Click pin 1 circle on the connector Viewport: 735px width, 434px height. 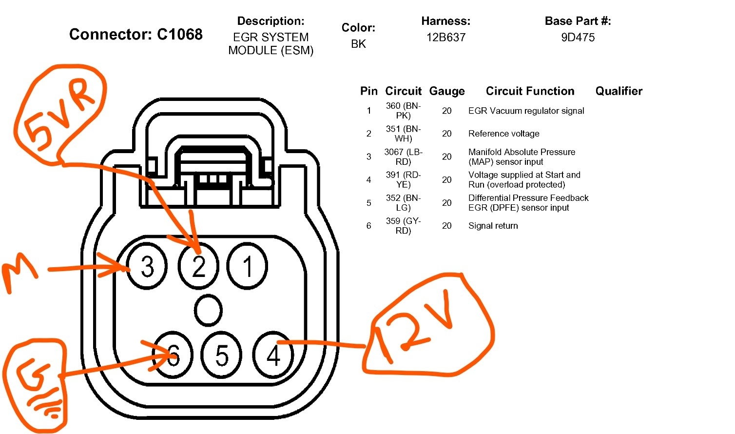[x=247, y=267]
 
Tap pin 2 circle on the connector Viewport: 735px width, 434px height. [x=198, y=267]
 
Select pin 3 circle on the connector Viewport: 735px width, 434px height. [x=147, y=267]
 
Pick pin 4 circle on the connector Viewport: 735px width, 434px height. [x=273, y=355]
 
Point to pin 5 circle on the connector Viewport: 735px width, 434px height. [x=222, y=355]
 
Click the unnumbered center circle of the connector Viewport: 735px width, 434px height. [x=208, y=310]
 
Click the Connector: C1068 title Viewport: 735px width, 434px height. [x=135, y=34]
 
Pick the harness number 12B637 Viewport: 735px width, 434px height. [x=445, y=38]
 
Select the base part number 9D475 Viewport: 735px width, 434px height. [x=578, y=38]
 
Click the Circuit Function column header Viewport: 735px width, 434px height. [x=530, y=91]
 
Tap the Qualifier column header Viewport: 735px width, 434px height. [x=619, y=91]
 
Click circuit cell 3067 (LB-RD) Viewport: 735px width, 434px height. [x=403, y=157]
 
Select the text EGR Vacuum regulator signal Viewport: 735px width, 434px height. [x=526, y=111]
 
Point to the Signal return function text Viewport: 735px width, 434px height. [x=493, y=226]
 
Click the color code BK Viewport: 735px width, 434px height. [x=358, y=44]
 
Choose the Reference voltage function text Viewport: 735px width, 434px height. [x=503, y=134]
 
